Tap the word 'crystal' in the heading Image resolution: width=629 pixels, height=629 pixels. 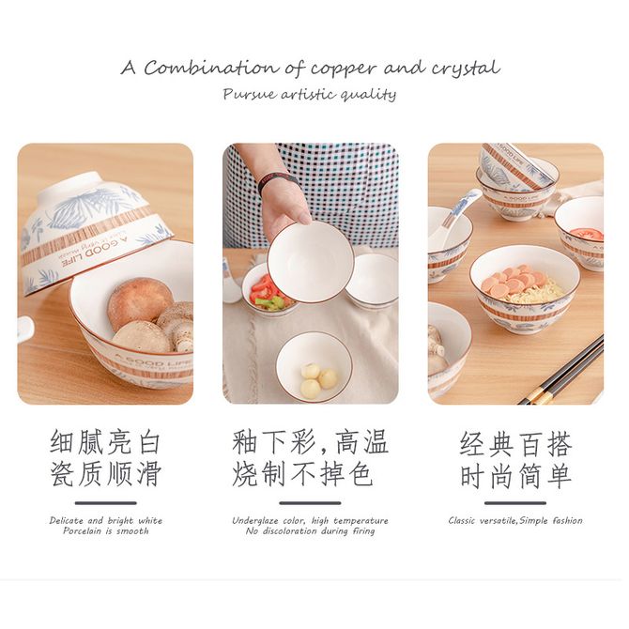tap(466, 69)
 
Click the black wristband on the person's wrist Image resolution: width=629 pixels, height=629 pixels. tap(278, 182)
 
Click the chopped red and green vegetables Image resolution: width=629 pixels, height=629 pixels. tap(268, 294)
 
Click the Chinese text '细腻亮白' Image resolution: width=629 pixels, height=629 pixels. tap(105, 442)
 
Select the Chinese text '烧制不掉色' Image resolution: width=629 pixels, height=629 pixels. tap(302, 474)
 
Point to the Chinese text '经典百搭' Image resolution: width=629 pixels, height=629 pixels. tap(515, 444)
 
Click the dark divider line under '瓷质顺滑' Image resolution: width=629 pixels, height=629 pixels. tap(106, 502)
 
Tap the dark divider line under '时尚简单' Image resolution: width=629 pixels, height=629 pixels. tap(515, 502)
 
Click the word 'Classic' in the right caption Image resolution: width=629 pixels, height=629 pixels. tap(462, 521)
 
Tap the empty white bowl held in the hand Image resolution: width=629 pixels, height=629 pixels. tap(311, 263)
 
